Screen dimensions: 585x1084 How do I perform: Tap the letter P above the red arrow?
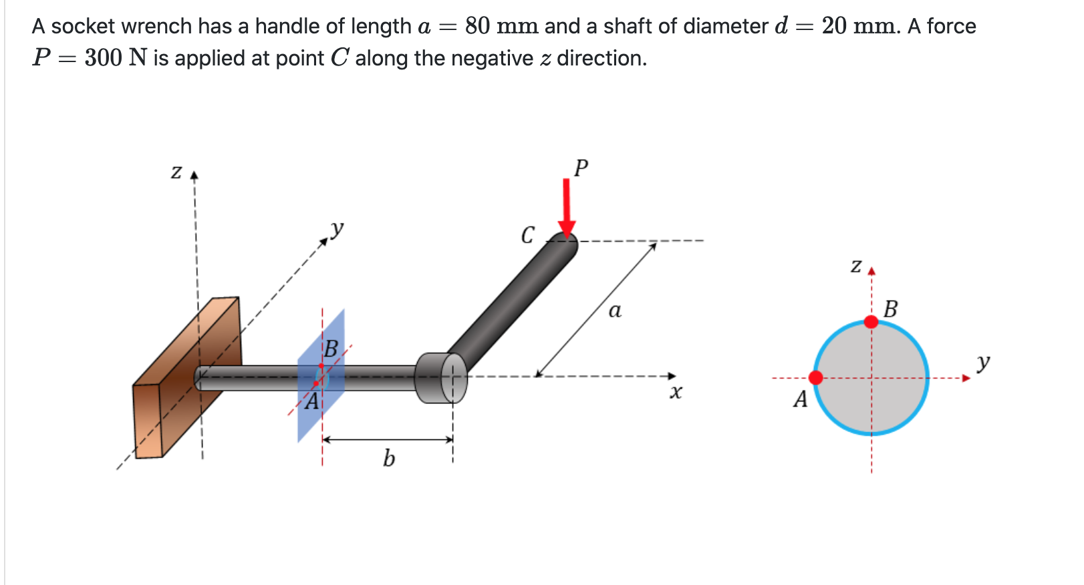581,168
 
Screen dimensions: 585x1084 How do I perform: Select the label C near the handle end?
527,235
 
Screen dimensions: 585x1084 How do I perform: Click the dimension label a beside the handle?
615,311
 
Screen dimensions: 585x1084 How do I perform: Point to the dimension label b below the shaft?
388,458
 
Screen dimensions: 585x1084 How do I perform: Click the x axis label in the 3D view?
676,392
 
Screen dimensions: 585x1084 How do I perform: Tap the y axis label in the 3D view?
337,229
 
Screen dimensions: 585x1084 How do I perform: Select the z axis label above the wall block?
176,172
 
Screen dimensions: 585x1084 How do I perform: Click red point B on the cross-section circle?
871,322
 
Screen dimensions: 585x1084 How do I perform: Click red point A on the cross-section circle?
816,378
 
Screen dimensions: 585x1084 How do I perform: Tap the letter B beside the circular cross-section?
890,309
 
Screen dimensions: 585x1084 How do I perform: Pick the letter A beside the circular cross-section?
800,399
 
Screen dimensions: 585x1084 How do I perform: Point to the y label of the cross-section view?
982,363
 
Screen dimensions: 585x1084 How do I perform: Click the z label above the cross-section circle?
855,266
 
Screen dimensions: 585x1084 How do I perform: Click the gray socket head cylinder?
438,377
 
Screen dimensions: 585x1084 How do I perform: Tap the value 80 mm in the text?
501,26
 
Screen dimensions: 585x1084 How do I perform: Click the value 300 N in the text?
115,58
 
